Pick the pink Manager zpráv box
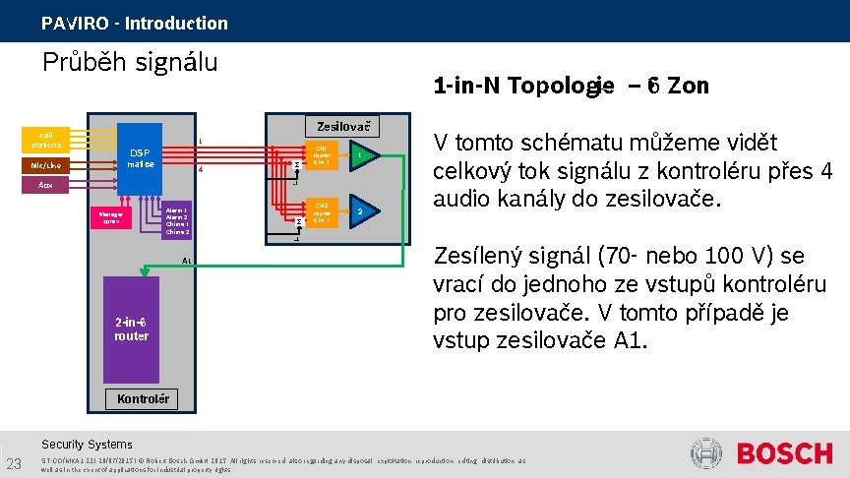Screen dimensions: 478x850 click(110, 218)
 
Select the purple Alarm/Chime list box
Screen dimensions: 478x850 click(177, 220)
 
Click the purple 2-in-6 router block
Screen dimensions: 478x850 click(131, 329)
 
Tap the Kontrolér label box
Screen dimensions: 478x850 click(143, 399)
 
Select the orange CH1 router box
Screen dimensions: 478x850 click(322, 154)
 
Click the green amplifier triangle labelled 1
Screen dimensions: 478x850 click(361, 155)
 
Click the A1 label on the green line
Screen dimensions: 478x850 click(187, 261)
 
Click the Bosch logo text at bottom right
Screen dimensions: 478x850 click(784, 454)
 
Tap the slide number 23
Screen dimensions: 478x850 click(14, 464)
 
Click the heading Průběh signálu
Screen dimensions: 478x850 click(129, 63)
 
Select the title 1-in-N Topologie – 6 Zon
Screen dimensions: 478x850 click(571, 86)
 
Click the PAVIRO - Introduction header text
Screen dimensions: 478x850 click(134, 23)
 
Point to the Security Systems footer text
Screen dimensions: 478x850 click(87, 444)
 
